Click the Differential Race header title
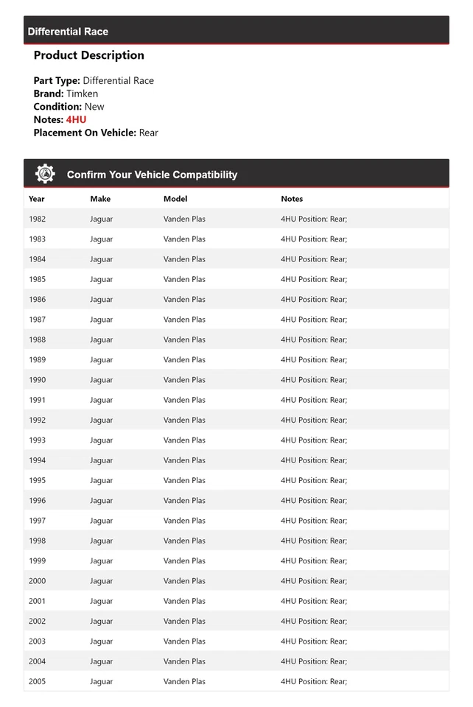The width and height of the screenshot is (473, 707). (x=68, y=32)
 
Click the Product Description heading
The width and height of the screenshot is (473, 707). (x=89, y=55)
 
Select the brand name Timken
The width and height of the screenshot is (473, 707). (x=82, y=94)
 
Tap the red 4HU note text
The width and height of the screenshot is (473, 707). (x=76, y=119)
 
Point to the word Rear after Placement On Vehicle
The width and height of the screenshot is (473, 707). (x=148, y=133)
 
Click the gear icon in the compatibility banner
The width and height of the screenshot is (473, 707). (x=45, y=174)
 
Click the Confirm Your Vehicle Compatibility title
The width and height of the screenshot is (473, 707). (x=152, y=175)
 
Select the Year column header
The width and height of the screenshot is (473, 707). (x=37, y=199)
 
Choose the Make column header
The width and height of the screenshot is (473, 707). (x=100, y=199)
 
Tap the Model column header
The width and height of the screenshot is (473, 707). (x=175, y=199)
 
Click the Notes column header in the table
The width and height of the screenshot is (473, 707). (x=292, y=199)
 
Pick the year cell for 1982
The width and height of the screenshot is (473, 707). (x=37, y=219)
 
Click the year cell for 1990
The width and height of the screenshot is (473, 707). (x=37, y=380)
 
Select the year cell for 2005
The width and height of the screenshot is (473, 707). (x=37, y=681)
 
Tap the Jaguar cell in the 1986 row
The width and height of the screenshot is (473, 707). (x=102, y=300)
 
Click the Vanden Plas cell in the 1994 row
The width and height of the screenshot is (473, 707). (x=184, y=460)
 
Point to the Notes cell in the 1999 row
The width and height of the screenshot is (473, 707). (x=314, y=561)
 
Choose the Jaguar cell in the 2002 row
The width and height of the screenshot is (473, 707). (x=102, y=621)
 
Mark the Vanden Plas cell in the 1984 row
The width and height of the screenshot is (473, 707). (x=184, y=259)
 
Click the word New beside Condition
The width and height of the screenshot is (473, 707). (x=94, y=107)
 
